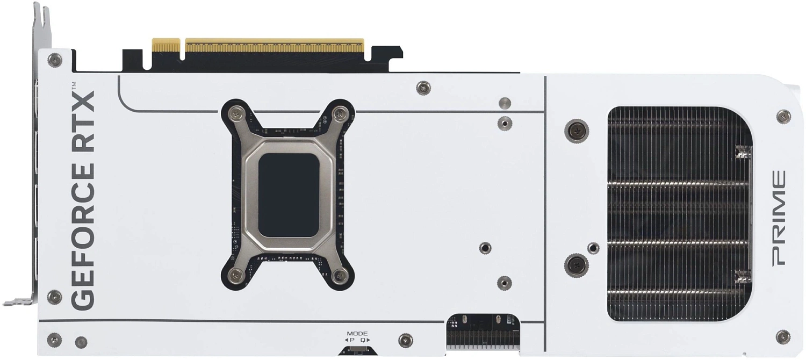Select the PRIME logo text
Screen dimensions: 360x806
779,218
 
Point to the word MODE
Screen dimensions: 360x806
357,333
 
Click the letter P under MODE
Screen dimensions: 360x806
352,340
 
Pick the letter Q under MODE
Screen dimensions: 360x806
363,340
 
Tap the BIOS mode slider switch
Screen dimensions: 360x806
357,351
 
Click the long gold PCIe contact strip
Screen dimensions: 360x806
274,45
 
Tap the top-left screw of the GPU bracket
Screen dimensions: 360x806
236,113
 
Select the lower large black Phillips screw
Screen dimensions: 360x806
576,264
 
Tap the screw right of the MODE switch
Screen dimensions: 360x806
406,340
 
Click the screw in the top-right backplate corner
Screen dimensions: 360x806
783,116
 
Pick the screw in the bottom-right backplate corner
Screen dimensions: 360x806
783,337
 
